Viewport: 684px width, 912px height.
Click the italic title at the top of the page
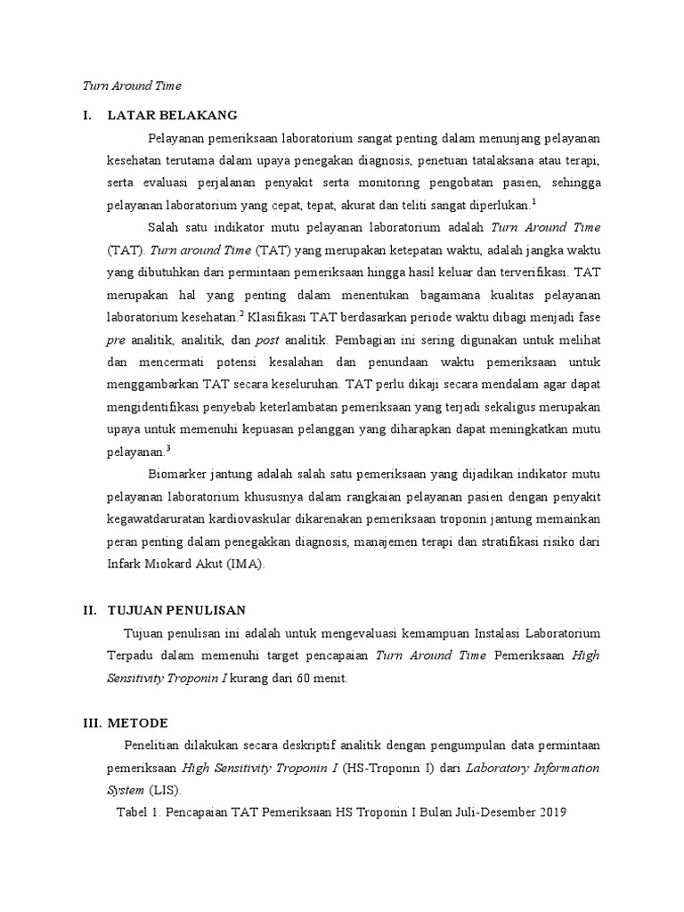pyautogui.click(x=131, y=86)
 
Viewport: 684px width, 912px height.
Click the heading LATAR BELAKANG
pyautogui.click(x=172, y=115)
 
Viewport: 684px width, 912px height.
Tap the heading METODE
pyautogui.click(x=137, y=721)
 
